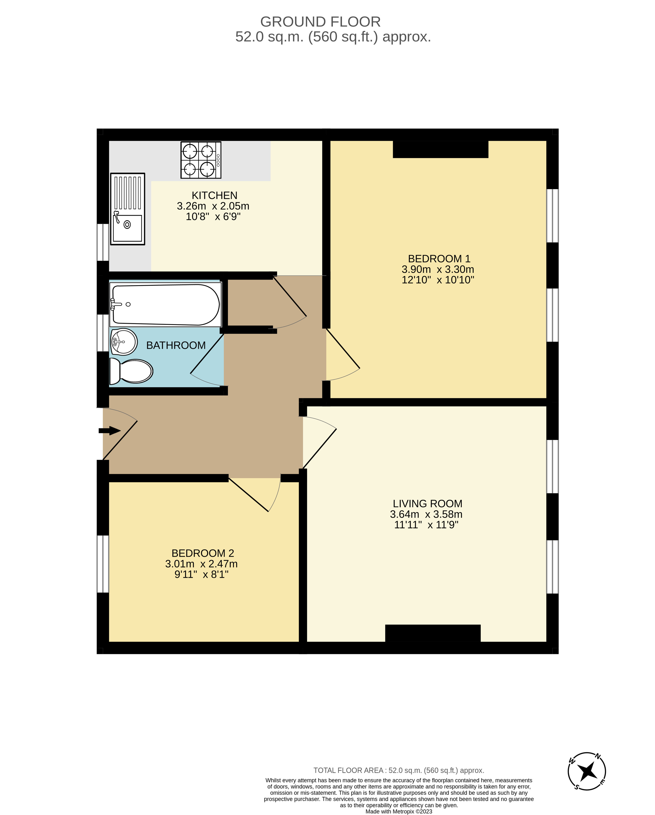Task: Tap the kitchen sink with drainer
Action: tap(128, 209)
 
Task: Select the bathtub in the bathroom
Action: tap(165, 305)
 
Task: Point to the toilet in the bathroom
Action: tap(131, 371)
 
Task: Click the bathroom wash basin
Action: tap(124, 342)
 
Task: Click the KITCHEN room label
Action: tap(215, 195)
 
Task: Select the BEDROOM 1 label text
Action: tap(439, 259)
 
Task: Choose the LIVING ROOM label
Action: tap(427, 504)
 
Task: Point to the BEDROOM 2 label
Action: tap(203, 553)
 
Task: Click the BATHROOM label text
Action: tap(176, 345)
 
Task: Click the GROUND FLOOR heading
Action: tap(320, 22)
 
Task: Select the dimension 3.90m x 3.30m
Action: tap(438, 270)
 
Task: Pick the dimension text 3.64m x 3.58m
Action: tap(426, 515)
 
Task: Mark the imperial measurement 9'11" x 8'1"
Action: tap(201, 575)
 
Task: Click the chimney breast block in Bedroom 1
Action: tap(440, 149)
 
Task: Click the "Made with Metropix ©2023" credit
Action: tap(399, 811)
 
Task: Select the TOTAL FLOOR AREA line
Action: tap(399, 770)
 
